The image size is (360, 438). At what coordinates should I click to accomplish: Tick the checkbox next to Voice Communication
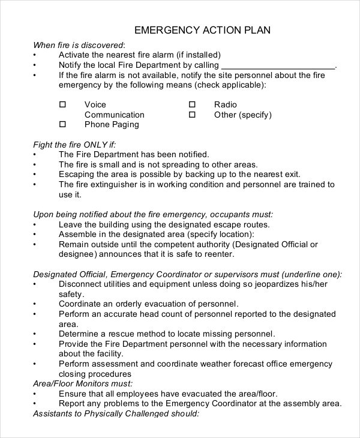click(x=62, y=104)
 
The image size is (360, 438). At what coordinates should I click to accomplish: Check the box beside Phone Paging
click(x=62, y=124)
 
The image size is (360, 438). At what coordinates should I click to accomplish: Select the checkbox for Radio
click(x=193, y=104)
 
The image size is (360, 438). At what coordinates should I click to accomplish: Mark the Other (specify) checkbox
click(x=193, y=114)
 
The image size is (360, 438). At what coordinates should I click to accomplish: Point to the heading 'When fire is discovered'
click(x=79, y=44)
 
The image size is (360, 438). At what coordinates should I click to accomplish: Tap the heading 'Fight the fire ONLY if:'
click(x=74, y=144)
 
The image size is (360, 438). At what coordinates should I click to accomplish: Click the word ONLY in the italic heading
click(x=96, y=144)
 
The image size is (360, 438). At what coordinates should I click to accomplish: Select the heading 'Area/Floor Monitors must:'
click(x=83, y=383)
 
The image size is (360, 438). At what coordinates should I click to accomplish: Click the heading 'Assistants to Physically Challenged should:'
click(x=115, y=413)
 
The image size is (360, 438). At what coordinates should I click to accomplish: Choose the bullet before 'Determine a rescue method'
click(x=35, y=334)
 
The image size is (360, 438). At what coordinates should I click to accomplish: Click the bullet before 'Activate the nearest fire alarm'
click(x=35, y=55)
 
